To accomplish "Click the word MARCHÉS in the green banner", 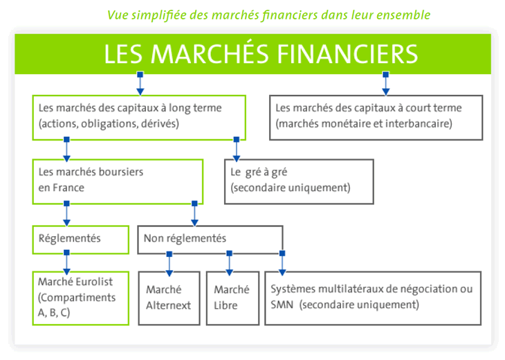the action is pyautogui.click(x=210, y=53).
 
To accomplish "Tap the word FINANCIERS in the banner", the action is pyautogui.click(x=348, y=54).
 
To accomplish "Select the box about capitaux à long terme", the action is pyautogui.click(x=139, y=118).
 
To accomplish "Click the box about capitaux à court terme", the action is pyautogui.click(x=376, y=118).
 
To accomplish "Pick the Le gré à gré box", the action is pyautogui.click(x=299, y=181).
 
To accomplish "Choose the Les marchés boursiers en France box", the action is pyautogui.click(x=118, y=181).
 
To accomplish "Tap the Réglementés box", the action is pyautogui.click(x=80, y=240).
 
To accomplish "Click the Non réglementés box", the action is pyautogui.click(x=210, y=240).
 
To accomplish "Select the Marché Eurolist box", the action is pyautogui.click(x=80, y=298).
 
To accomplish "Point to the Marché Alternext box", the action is pyautogui.click(x=169, y=298).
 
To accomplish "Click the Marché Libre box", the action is pyautogui.click(x=232, y=298).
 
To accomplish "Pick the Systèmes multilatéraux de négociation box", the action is pyautogui.click(x=373, y=298).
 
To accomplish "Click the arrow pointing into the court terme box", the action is pyautogui.click(x=385, y=84).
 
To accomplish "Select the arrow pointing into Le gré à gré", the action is pyautogui.click(x=237, y=150).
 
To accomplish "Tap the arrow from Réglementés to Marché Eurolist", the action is pyautogui.click(x=66, y=262).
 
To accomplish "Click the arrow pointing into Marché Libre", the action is pyautogui.click(x=229, y=263).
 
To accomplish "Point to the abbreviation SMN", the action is pyautogui.click(x=282, y=305).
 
